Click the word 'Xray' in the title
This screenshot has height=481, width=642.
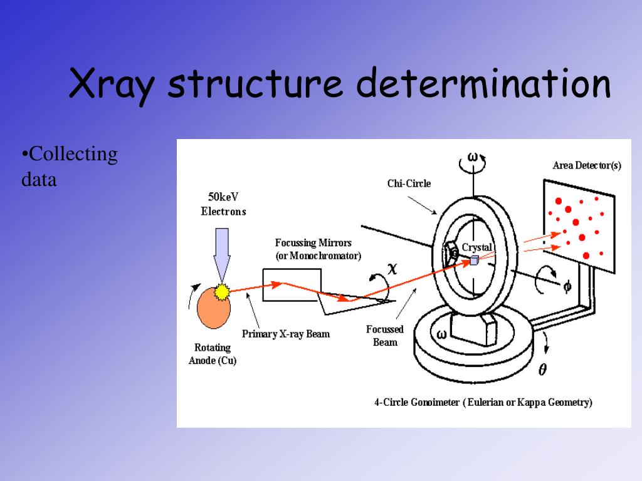tap(112, 85)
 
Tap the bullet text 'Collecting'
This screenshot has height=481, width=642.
tap(70, 154)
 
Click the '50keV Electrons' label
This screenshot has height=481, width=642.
tap(223, 204)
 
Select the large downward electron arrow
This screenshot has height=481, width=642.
tap(223, 253)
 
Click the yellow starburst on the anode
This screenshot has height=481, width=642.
tap(221, 291)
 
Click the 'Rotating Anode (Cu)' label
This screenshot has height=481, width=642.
tap(213, 354)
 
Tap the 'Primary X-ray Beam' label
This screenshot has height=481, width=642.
tap(285, 334)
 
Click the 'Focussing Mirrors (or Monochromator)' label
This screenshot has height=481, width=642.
tap(318, 249)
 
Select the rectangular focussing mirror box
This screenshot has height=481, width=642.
tap(292, 285)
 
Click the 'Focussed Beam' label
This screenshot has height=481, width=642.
tap(385, 336)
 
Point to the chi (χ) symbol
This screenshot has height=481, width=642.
tap(392, 269)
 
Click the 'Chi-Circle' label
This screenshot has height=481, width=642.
tap(409, 184)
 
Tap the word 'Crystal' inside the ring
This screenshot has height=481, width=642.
tap(476, 247)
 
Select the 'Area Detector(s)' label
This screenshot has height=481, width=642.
tap(587, 166)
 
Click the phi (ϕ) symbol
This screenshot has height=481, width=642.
tap(567, 286)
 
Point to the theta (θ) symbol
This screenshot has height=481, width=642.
tap(542, 370)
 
